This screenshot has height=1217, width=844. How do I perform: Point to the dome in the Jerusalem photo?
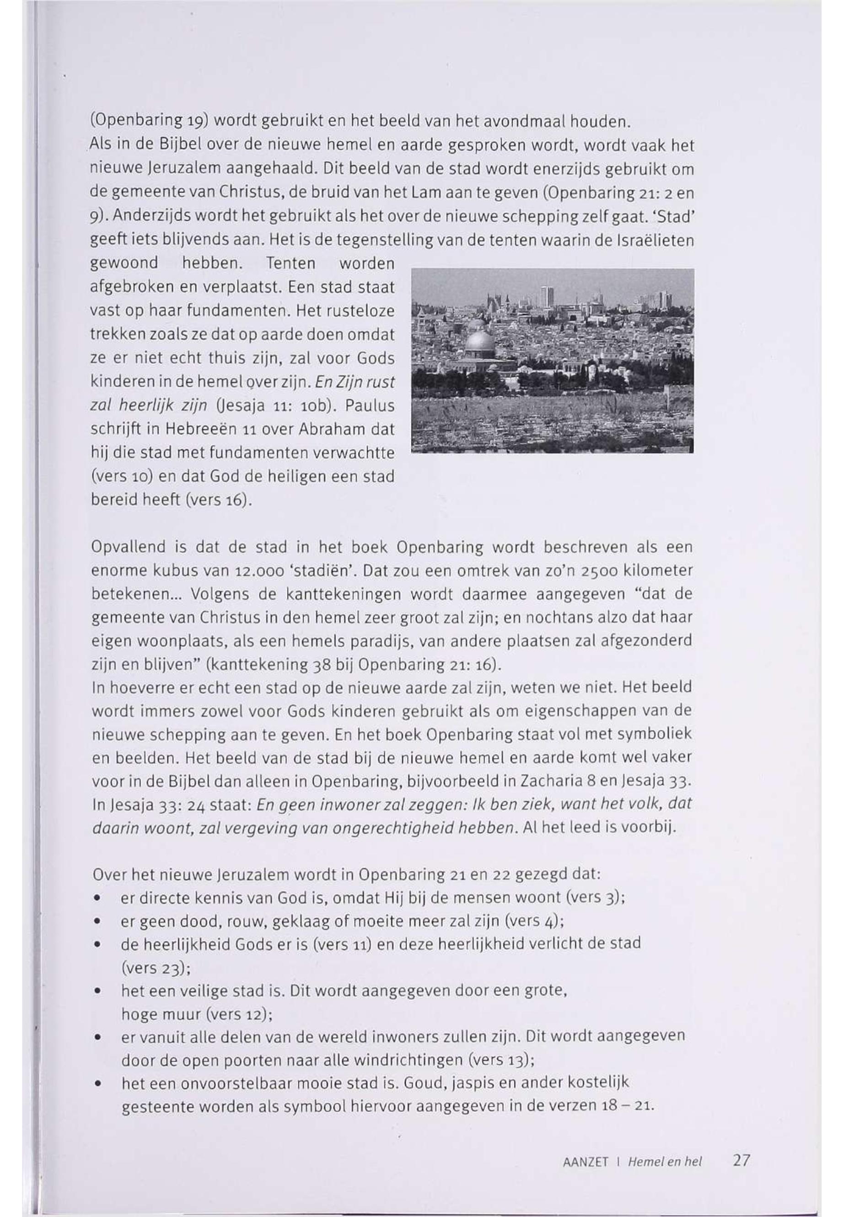(x=480, y=342)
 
